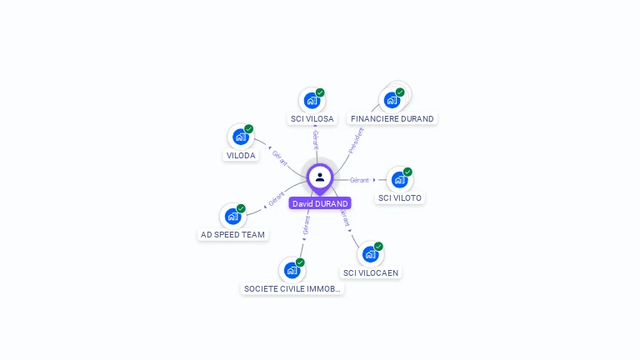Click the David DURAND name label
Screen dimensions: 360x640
point(320,203)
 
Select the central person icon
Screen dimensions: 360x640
point(320,177)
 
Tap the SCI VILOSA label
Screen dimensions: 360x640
point(312,119)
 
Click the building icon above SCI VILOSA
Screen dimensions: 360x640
point(312,101)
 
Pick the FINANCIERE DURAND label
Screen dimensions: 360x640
point(392,119)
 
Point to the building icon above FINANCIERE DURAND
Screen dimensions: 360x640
point(392,100)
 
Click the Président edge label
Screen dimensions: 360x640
point(356,139)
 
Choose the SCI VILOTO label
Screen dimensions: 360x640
point(400,198)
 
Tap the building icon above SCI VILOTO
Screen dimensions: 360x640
point(399,180)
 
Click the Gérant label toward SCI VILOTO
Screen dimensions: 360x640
point(359,180)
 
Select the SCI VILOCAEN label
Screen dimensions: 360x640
point(371,272)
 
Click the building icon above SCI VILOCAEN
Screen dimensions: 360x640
point(370,254)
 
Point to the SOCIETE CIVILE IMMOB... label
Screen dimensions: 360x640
point(292,289)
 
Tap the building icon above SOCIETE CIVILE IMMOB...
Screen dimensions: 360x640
point(292,270)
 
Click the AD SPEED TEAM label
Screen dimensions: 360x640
point(232,235)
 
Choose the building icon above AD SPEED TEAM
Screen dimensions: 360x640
point(232,217)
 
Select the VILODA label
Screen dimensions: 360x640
point(241,156)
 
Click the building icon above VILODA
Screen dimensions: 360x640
point(241,137)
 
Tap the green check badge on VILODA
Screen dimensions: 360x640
point(248,129)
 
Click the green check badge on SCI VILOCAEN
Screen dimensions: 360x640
point(378,247)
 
